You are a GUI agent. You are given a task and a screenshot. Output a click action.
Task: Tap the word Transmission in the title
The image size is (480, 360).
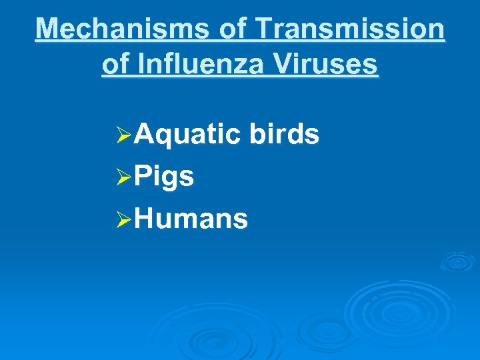[350, 29]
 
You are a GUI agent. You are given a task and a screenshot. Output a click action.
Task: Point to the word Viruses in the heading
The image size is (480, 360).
[327, 65]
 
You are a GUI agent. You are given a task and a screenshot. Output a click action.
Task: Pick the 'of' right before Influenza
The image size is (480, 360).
[115, 65]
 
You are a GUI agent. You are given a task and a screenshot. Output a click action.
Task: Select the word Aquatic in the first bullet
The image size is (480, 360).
[187, 135]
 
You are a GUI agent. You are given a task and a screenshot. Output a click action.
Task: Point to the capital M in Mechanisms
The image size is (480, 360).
[48, 29]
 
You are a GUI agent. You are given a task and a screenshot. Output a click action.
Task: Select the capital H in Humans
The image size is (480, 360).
[144, 219]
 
